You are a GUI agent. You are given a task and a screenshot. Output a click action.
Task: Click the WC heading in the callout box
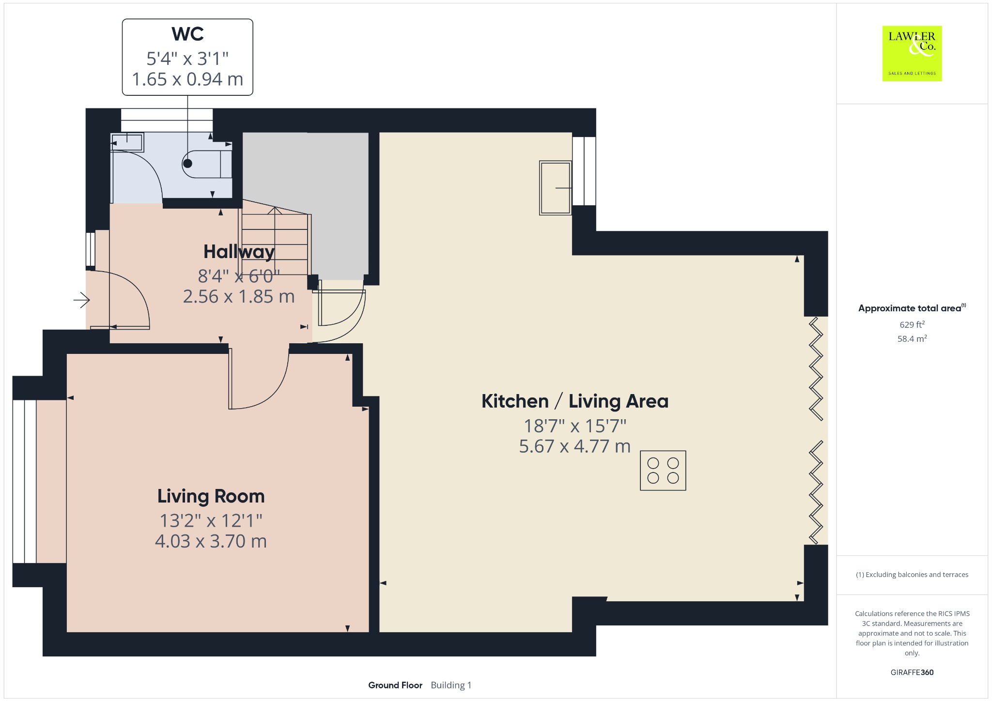(x=187, y=34)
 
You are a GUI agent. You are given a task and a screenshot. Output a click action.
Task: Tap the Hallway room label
(x=239, y=252)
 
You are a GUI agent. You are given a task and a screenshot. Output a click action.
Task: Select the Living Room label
(x=211, y=497)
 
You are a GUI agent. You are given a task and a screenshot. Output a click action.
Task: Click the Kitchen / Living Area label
(x=575, y=401)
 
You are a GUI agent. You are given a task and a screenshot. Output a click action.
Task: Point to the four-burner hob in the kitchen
(x=663, y=471)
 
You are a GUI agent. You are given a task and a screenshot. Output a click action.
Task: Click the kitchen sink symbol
(x=556, y=188)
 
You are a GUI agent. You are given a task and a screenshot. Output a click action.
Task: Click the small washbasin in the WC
(x=127, y=143)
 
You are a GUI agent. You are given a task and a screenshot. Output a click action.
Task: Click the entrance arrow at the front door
(x=81, y=301)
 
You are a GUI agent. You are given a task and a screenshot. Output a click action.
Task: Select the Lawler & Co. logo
(x=912, y=54)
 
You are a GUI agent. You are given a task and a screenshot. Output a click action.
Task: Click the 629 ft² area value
(x=912, y=324)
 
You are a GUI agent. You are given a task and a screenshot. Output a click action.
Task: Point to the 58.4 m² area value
(x=912, y=338)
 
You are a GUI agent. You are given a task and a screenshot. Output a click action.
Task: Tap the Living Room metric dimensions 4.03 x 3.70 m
(x=211, y=541)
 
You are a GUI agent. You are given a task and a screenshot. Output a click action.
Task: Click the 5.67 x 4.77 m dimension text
(x=575, y=446)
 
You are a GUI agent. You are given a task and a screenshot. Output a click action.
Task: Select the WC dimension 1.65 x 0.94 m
(x=187, y=79)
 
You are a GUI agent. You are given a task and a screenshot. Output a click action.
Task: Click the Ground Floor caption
(x=395, y=685)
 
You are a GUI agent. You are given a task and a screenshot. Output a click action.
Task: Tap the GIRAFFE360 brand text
(x=912, y=672)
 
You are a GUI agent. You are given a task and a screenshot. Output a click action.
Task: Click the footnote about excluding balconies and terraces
(x=912, y=575)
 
